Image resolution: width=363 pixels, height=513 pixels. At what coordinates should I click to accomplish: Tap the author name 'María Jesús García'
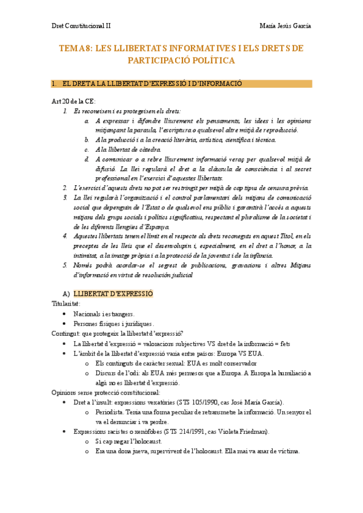coord(285,26)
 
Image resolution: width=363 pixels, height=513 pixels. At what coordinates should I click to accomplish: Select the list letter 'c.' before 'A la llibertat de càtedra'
coord(88,149)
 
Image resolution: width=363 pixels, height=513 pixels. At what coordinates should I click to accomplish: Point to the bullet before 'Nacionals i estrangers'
coord(65,315)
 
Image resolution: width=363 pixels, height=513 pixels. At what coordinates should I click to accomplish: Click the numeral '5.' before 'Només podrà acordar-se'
coord(65,266)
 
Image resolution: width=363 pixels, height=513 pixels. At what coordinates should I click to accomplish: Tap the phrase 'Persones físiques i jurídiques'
coord(113,324)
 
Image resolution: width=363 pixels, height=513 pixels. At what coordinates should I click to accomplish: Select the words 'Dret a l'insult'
coord(92,402)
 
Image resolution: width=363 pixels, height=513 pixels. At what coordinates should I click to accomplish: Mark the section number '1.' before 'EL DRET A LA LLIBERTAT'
coord(55,83)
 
